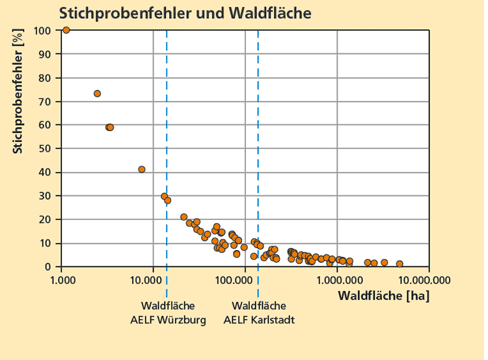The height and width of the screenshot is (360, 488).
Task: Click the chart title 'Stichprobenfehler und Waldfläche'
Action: click(x=176, y=12)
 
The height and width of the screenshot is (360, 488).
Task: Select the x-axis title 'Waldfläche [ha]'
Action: click(x=383, y=296)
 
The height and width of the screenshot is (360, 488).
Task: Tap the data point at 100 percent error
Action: click(x=66, y=30)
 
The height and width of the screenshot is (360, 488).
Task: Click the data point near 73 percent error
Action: click(x=97, y=94)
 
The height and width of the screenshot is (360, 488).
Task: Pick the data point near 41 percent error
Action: click(x=142, y=169)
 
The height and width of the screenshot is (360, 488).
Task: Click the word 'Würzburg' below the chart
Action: click(x=186, y=320)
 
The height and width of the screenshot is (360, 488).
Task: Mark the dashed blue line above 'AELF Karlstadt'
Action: click(x=258, y=130)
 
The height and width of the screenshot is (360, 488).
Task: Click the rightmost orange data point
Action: click(x=400, y=264)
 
